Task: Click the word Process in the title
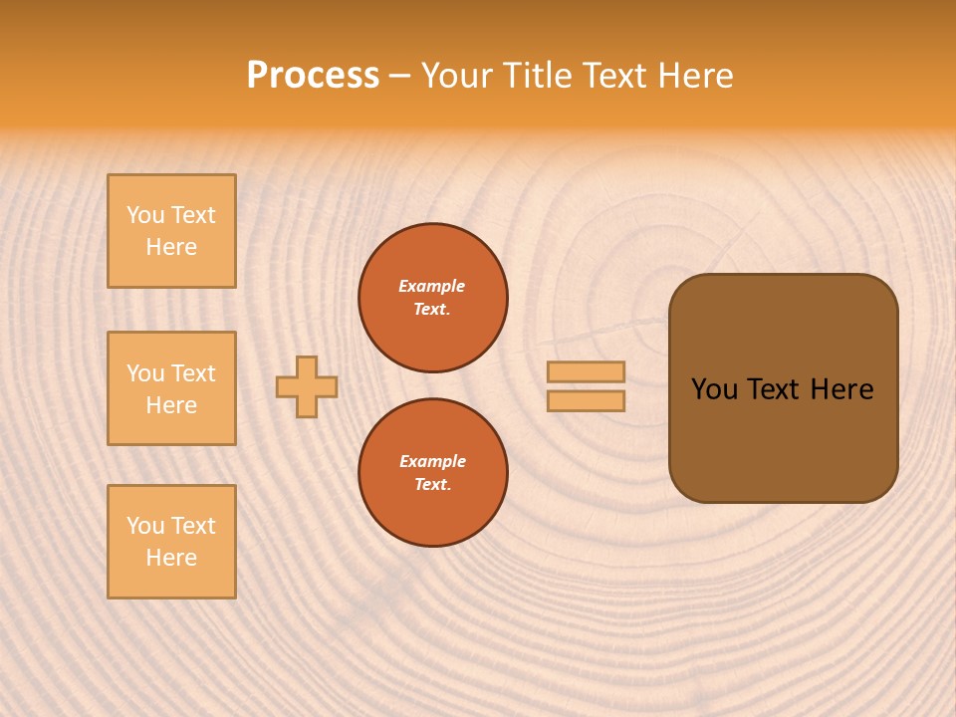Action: click(313, 76)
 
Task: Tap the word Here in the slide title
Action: click(693, 76)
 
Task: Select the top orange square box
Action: click(171, 231)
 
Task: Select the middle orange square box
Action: click(171, 388)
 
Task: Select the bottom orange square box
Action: click(171, 542)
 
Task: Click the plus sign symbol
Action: click(307, 386)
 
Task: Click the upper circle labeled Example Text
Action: click(433, 298)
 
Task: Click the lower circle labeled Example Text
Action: click(433, 473)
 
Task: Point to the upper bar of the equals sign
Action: click(587, 371)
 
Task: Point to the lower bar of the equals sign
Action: click(587, 401)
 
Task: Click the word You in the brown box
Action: click(714, 389)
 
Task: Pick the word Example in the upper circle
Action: click(432, 287)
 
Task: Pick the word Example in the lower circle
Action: click(432, 462)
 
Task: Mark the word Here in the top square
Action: click(171, 248)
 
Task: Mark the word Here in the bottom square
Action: click(171, 559)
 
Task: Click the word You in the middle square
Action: click(145, 373)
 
